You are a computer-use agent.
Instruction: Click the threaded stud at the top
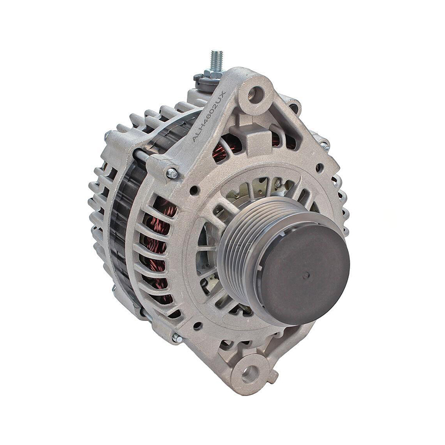216,61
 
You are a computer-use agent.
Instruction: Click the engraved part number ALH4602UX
208,116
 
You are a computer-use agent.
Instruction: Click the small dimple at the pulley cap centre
305,275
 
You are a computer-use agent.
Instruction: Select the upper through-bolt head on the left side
172,174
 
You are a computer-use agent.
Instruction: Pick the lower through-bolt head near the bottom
177,338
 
